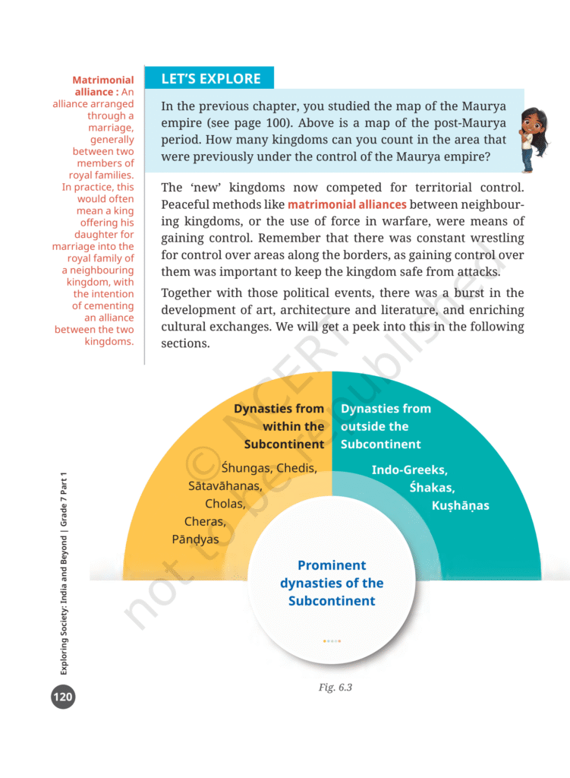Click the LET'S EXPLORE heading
click(x=210, y=78)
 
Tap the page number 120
click(x=63, y=695)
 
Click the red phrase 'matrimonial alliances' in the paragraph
click(x=347, y=204)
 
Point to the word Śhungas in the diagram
click(x=247, y=468)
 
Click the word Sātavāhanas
click(x=225, y=485)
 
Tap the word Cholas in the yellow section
click(x=225, y=503)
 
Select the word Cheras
click(x=205, y=521)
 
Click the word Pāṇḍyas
click(x=195, y=539)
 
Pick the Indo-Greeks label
click(x=409, y=470)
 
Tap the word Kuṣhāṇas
click(x=460, y=505)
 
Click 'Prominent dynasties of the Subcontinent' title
click(x=332, y=583)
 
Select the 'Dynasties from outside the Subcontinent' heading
click(x=386, y=426)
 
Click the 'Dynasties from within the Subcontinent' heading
click(x=279, y=426)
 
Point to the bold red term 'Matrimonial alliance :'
click(x=102, y=86)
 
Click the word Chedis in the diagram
click(x=296, y=468)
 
